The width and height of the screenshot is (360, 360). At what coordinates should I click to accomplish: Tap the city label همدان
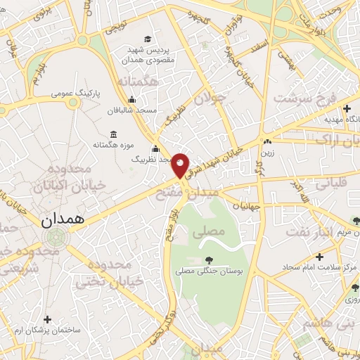tap(63, 219)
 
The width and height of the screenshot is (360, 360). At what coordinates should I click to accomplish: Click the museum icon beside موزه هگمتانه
tap(113, 134)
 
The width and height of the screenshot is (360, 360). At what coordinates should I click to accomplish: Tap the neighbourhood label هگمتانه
tap(136, 83)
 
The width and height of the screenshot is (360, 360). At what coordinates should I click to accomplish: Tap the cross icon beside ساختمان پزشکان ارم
tap(47, 319)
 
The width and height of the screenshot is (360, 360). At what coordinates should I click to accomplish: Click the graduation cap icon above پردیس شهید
tap(148, 39)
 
